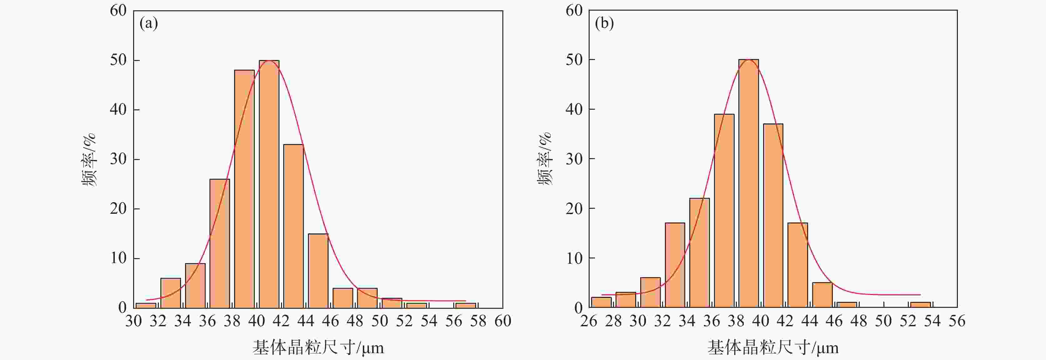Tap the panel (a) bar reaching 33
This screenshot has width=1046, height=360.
click(x=293, y=226)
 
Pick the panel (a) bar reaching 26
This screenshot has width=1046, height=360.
click(x=220, y=243)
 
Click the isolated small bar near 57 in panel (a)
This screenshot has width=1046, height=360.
click(x=465, y=305)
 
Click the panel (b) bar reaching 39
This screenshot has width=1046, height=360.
click(x=724, y=211)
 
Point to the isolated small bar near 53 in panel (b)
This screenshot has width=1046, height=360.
click(x=920, y=304)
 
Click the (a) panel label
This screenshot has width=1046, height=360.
click(x=148, y=23)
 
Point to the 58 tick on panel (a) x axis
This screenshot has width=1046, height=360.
click(x=478, y=321)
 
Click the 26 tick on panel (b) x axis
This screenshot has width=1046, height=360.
click(x=588, y=321)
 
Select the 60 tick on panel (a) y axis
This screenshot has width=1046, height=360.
click(x=118, y=11)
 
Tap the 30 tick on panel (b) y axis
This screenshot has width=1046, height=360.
click(x=574, y=159)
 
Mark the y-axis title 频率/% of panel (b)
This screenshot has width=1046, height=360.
click(x=545, y=159)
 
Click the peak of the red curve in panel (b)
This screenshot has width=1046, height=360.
click(x=748, y=60)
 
